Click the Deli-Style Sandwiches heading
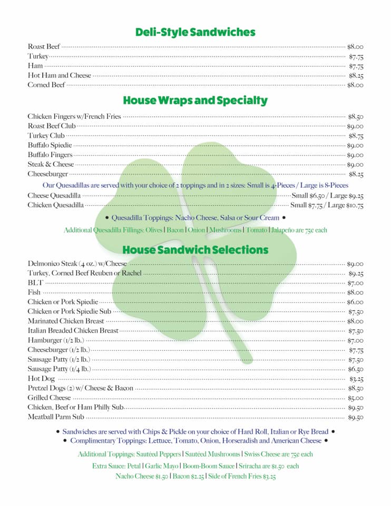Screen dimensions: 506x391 [x=195, y=32]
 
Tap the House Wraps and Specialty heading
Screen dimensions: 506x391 [x=195, y=100]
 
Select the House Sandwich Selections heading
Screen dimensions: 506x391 [x=195, y=249]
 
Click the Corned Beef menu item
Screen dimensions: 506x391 [x=46, y=85]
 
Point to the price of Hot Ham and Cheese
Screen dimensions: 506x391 [x=356, y=75]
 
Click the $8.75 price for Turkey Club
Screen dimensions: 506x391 [x=356, y=135]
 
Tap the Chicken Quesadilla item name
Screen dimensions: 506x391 [x=55, y=205]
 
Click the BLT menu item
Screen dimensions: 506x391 [x=36, y=283]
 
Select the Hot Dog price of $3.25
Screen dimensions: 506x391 [x=356, y=379]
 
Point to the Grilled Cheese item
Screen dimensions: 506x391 [x=49, y=398]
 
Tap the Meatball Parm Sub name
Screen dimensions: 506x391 [x=56, y=417]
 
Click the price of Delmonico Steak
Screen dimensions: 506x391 [x=355, y=264]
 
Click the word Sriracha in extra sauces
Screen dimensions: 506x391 [x=252, y=466]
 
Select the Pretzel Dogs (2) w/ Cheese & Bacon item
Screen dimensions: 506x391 [x=80, y=388]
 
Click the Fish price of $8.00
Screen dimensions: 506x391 [x=355, y=293]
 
